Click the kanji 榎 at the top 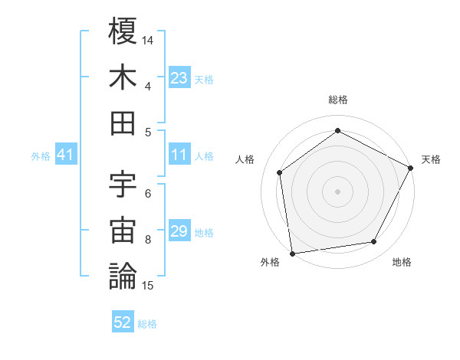(x=123, y=32)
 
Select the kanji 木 (x=123, y=77)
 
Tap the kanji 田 (x=123, y=123)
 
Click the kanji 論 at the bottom (x=123, y=276)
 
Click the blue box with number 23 (x=179, y=78)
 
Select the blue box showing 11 (x=179, y=155)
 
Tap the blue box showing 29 (x=179, y=232)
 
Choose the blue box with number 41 (x=66, y=155)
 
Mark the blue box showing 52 (x=123, y=323)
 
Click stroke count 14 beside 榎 (x=149, y=39)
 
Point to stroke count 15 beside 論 (x=149, y=286)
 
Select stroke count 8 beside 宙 (x=148, y=240)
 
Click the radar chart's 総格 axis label (x=338, y=100)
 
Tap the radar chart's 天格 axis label (x=431, y=159)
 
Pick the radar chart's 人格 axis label (x=245, y=159)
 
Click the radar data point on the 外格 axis (x=292, y=252)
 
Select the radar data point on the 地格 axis (x=374, y=242)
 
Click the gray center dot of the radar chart (x=338, y=191)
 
